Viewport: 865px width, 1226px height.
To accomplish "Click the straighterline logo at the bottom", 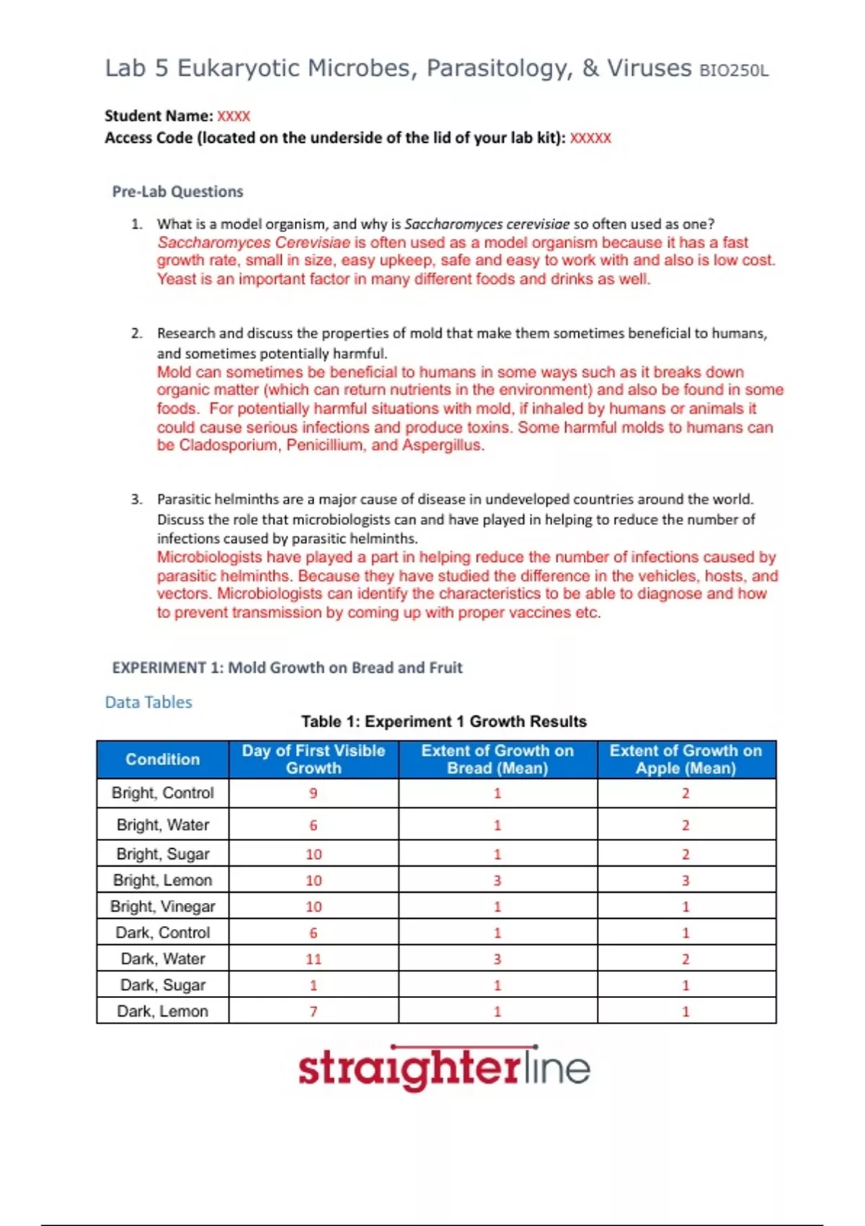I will [444, 1068].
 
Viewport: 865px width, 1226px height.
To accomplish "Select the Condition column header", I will [162, 759].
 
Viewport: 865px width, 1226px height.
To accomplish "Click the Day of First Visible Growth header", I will [314, 759].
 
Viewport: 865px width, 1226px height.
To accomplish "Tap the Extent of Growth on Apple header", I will [686, 759].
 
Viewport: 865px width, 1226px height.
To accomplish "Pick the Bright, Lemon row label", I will [162, 881].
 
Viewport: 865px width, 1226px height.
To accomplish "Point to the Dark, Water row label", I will [162, 959].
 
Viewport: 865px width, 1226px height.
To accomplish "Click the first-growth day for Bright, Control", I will [314, 793].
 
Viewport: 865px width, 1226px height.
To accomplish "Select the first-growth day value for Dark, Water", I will [314, 959].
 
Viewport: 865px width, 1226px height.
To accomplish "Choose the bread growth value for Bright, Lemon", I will [497, 881].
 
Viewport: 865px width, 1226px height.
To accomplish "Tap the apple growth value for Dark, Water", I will [686, 959].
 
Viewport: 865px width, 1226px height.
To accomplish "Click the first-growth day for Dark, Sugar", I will [314, 985].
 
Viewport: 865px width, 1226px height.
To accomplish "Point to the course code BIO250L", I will [734, 71].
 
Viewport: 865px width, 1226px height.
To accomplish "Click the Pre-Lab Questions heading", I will [177, 192].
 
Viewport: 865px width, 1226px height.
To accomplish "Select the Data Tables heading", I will [148, 702].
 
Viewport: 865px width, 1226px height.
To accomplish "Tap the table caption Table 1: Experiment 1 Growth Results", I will [443, 722].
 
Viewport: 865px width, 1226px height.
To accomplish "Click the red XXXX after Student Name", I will [234, 116].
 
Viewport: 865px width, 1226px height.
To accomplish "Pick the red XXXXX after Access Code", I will [590, 138].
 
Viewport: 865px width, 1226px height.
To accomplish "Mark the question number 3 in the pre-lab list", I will [136, 499].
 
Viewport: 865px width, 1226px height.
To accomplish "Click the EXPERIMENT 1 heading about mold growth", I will [287, 668].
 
